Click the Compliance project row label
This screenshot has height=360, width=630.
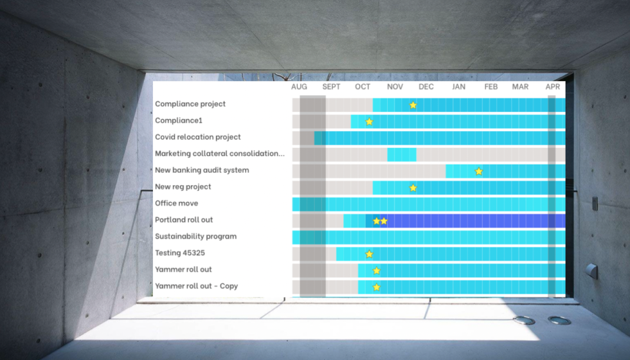pyautogui.click(x=190, y=104)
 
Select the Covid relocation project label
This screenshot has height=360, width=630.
pyautogui.click(x=198, y=137)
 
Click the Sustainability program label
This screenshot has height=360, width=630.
pyautogui.click(x=195, y=237)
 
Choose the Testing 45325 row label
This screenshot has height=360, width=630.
pyautogui.click(x=180, y=253)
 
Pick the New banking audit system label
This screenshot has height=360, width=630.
pyautogui.click(x=202, y=170)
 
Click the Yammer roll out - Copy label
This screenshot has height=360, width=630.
pyautogui.click(x=196, y=286)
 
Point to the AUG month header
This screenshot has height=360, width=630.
pyautogui.click(x=299, y=87)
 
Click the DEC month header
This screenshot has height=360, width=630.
pyautogui.click(x=426, y=87)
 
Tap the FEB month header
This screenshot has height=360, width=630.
pyautogui.click(x=491, y=87)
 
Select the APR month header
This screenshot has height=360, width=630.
pyautogui.click(x=552, y=87)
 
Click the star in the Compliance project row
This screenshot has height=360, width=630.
pyautogui.click(x=413, y=105)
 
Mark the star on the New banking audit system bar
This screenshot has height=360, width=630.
pyautogui.click(x=478, y=171)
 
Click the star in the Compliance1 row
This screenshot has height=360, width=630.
pyautogui.click(x=369, y=122)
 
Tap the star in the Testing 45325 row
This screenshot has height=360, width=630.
pyautogui.click(x=369, y=254)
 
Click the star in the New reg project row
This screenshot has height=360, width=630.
pyautogui.click(x=413, y=188)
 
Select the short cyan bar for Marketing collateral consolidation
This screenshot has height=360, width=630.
pyautogui.click(x=401, y=154)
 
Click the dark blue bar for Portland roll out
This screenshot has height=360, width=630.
pyautogui.click(x=469, y=221)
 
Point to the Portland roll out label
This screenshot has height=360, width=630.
pyautogui.click(x=184, y=220)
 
